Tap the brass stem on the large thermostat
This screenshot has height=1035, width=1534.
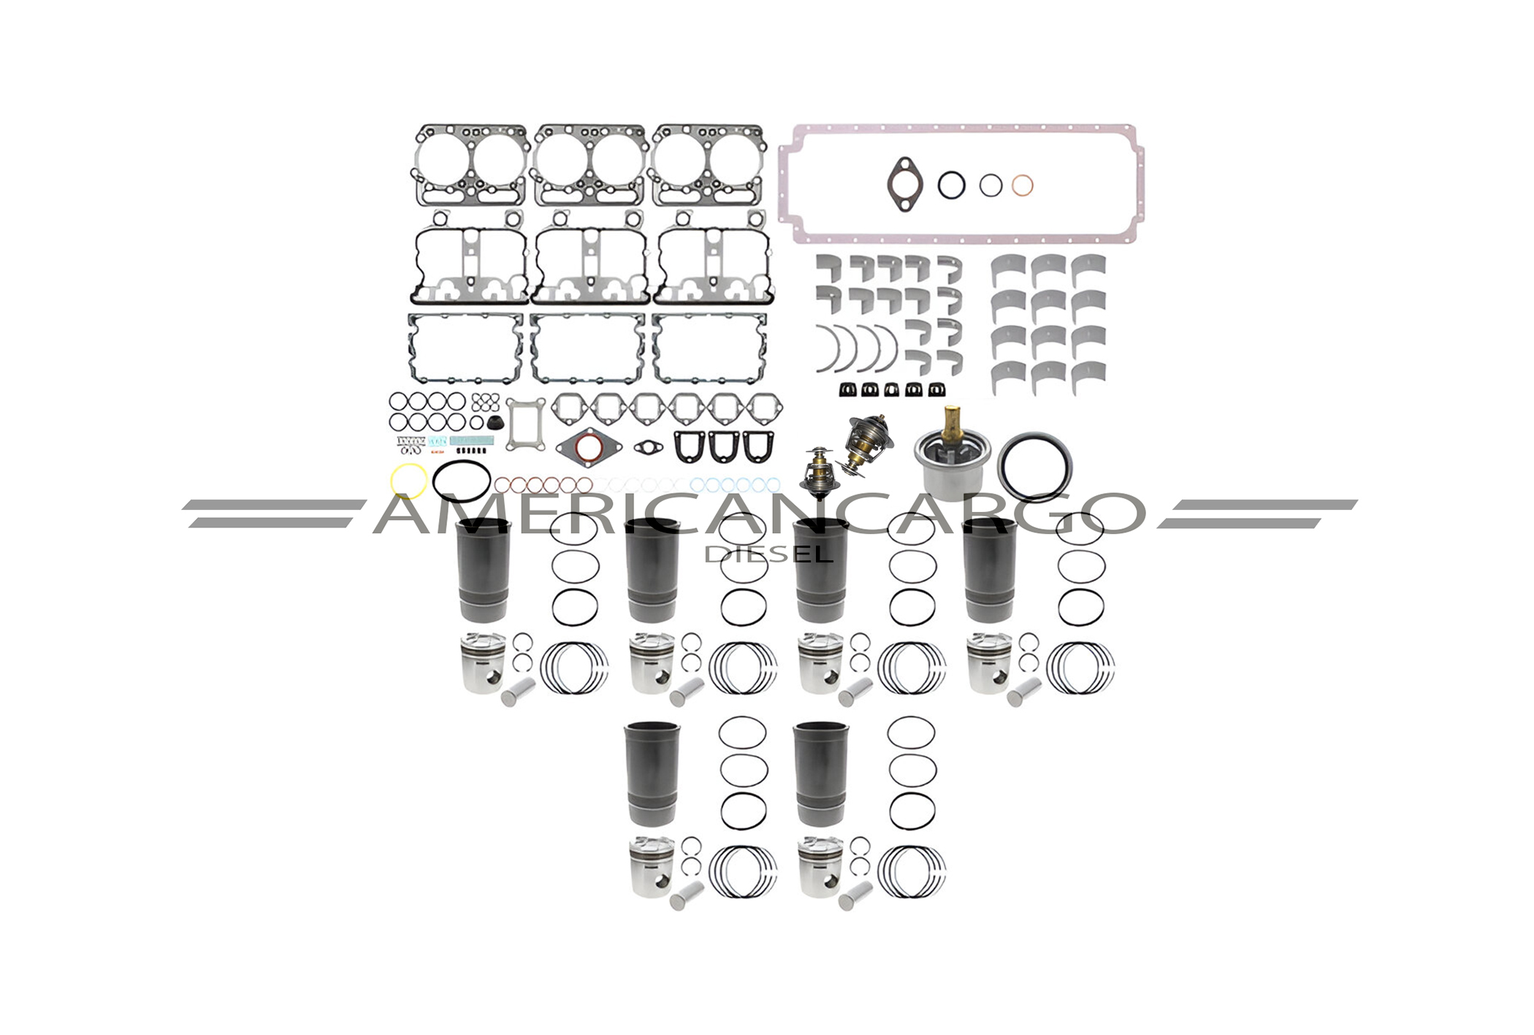(950, 422)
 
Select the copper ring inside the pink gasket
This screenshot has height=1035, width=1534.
(1022, 186)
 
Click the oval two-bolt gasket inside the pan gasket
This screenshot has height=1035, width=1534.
(904, 185)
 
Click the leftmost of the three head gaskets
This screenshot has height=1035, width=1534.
(471, 165)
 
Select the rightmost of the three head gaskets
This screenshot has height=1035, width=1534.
(709, 165)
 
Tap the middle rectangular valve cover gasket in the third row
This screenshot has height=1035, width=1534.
(587, 348)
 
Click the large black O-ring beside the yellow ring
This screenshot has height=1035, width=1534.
(461, 481)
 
